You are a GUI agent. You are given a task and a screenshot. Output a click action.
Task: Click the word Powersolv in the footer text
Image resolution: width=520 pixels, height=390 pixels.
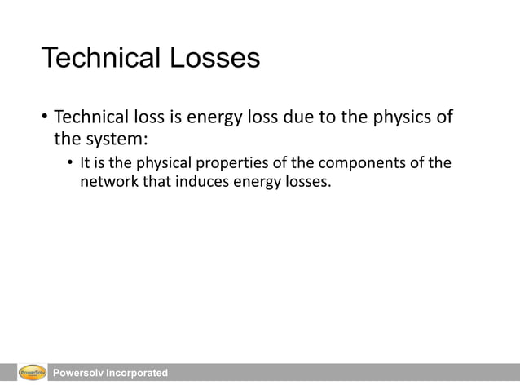[80, 373]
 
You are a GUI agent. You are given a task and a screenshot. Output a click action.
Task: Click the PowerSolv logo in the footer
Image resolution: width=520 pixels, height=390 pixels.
[32, 373]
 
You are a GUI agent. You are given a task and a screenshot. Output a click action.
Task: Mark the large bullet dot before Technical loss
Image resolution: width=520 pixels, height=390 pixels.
[44, 117]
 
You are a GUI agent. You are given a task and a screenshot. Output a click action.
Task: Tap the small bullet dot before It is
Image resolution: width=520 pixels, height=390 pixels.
[70, 163]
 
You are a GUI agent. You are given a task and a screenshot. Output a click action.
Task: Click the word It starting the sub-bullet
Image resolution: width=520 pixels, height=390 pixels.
[85, 162]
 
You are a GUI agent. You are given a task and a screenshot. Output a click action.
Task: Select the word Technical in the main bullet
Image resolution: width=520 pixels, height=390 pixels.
[91, 117]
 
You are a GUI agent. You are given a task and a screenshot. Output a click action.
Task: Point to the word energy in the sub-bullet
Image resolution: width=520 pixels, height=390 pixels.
[256, 181]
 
